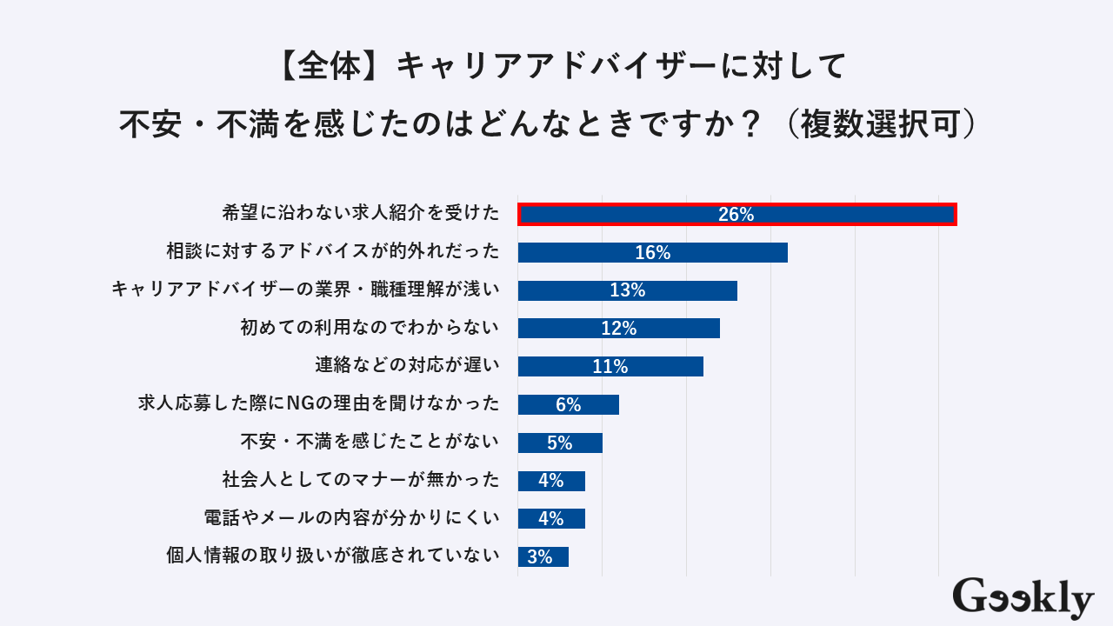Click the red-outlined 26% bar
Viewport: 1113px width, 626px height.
(737, 214)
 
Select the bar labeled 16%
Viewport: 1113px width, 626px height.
(652, 252)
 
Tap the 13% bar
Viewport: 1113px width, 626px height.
(627, 290)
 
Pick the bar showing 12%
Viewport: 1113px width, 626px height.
(618, 328)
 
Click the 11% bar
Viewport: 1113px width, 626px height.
(610, 366)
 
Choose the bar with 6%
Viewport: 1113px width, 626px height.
(568, 404)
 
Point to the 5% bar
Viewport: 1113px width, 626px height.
(560, 443)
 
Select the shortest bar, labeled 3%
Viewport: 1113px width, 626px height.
(543, 556)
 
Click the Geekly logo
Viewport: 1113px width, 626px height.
(1023, 598)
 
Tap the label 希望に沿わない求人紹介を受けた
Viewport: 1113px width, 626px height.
(361, 213)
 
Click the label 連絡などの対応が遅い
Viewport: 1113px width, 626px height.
(407, 365)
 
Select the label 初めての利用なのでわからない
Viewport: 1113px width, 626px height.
(370, 328)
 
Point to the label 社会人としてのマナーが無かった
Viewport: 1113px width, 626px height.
(361, 480)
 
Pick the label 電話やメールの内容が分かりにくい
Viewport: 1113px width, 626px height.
(351, 518)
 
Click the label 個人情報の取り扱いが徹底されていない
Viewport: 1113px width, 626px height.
(333, 556)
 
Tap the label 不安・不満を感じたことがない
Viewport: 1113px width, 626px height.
(370, 442)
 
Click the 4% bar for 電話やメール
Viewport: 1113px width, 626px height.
(551, 518)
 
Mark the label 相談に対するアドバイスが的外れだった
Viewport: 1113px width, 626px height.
(333, 252)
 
